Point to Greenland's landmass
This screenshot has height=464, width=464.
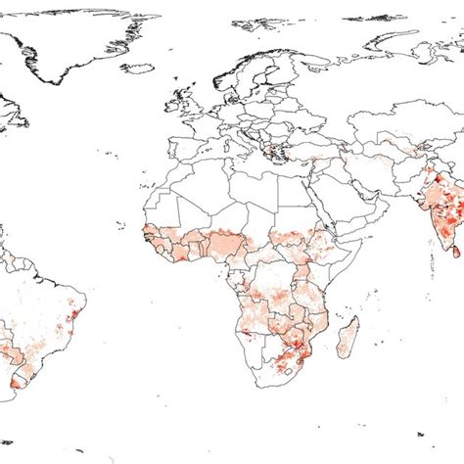point(69,44)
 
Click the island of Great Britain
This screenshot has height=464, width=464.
point(193,105)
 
